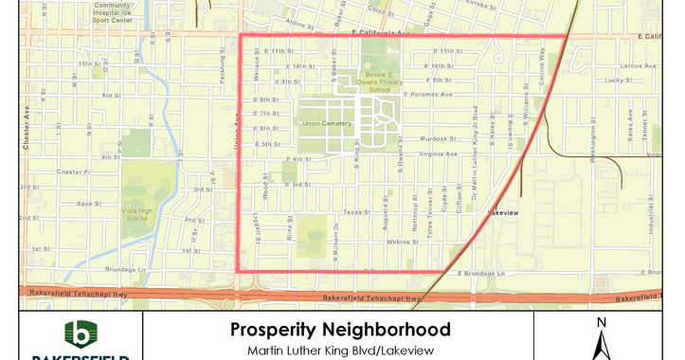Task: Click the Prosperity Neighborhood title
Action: [339, 331]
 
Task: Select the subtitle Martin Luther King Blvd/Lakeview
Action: [339, 350]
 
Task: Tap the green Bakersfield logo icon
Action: [81, 334]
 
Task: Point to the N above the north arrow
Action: [601, 323]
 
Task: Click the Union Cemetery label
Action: [327, 123]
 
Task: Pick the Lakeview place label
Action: [502, 213]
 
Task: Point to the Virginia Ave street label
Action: [438, 153]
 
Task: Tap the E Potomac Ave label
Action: [428, 95]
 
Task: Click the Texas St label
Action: [355, 212]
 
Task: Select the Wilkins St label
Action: [402, 243]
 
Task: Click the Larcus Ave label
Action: [630, 66]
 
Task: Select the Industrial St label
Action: [652, 224]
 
